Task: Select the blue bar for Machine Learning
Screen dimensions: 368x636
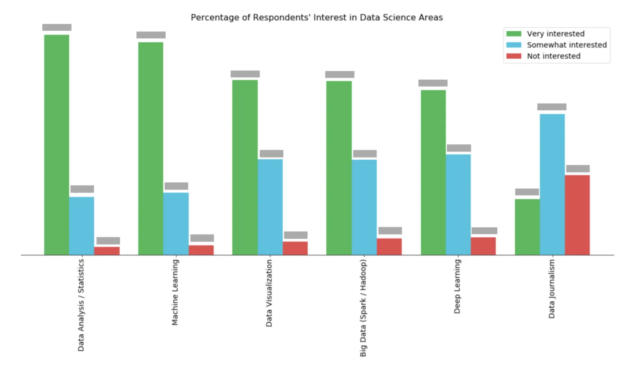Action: pos(176,223)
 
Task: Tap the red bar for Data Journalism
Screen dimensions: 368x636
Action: pos(577,215)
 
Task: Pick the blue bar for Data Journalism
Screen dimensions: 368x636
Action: pos(552,184)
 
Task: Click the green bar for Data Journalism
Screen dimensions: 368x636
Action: pos(527,227)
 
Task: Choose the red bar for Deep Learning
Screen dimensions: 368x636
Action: pos(483,246)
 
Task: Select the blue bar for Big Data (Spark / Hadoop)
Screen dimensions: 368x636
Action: pos(364,207)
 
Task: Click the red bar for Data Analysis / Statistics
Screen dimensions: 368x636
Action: pos(107,251)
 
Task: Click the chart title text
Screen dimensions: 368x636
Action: pos(317,17)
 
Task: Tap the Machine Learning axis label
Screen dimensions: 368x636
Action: pos(175,292)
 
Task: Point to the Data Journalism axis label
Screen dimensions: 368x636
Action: pos(552,289)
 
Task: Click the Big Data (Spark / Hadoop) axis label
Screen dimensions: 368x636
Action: pos(363,308)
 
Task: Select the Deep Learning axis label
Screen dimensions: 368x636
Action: pos(457,287)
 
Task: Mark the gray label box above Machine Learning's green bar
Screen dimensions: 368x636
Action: pos(151,35)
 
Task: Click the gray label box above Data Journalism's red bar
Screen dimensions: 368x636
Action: pos(578,169)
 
